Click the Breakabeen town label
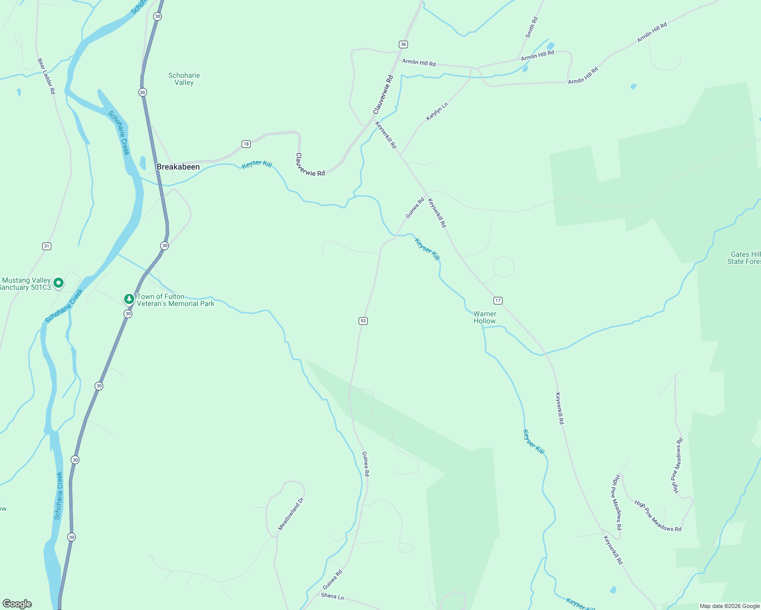(x=178, y=167)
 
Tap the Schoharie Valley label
(x=184, y=79)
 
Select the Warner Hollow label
(x=485, y=317)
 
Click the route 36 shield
(x=403, y=44)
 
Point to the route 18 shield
(x=246, y=144)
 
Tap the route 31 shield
(x=47, y=246)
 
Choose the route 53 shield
(x=363, y=321)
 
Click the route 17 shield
(x=498, y=300)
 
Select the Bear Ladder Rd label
(x=46, y=76)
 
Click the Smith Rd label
(x=532, y=27)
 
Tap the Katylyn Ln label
(x=437, y=111)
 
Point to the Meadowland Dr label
(x=291, y=514)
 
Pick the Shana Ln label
(x=333, y=596)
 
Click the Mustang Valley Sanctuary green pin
(x=58, y=283)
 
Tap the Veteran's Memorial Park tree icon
(x=129, y=299)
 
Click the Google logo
(x=17, y=604)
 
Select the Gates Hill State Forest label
(x=745, y=258)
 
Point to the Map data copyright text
(x=729, y=606)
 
